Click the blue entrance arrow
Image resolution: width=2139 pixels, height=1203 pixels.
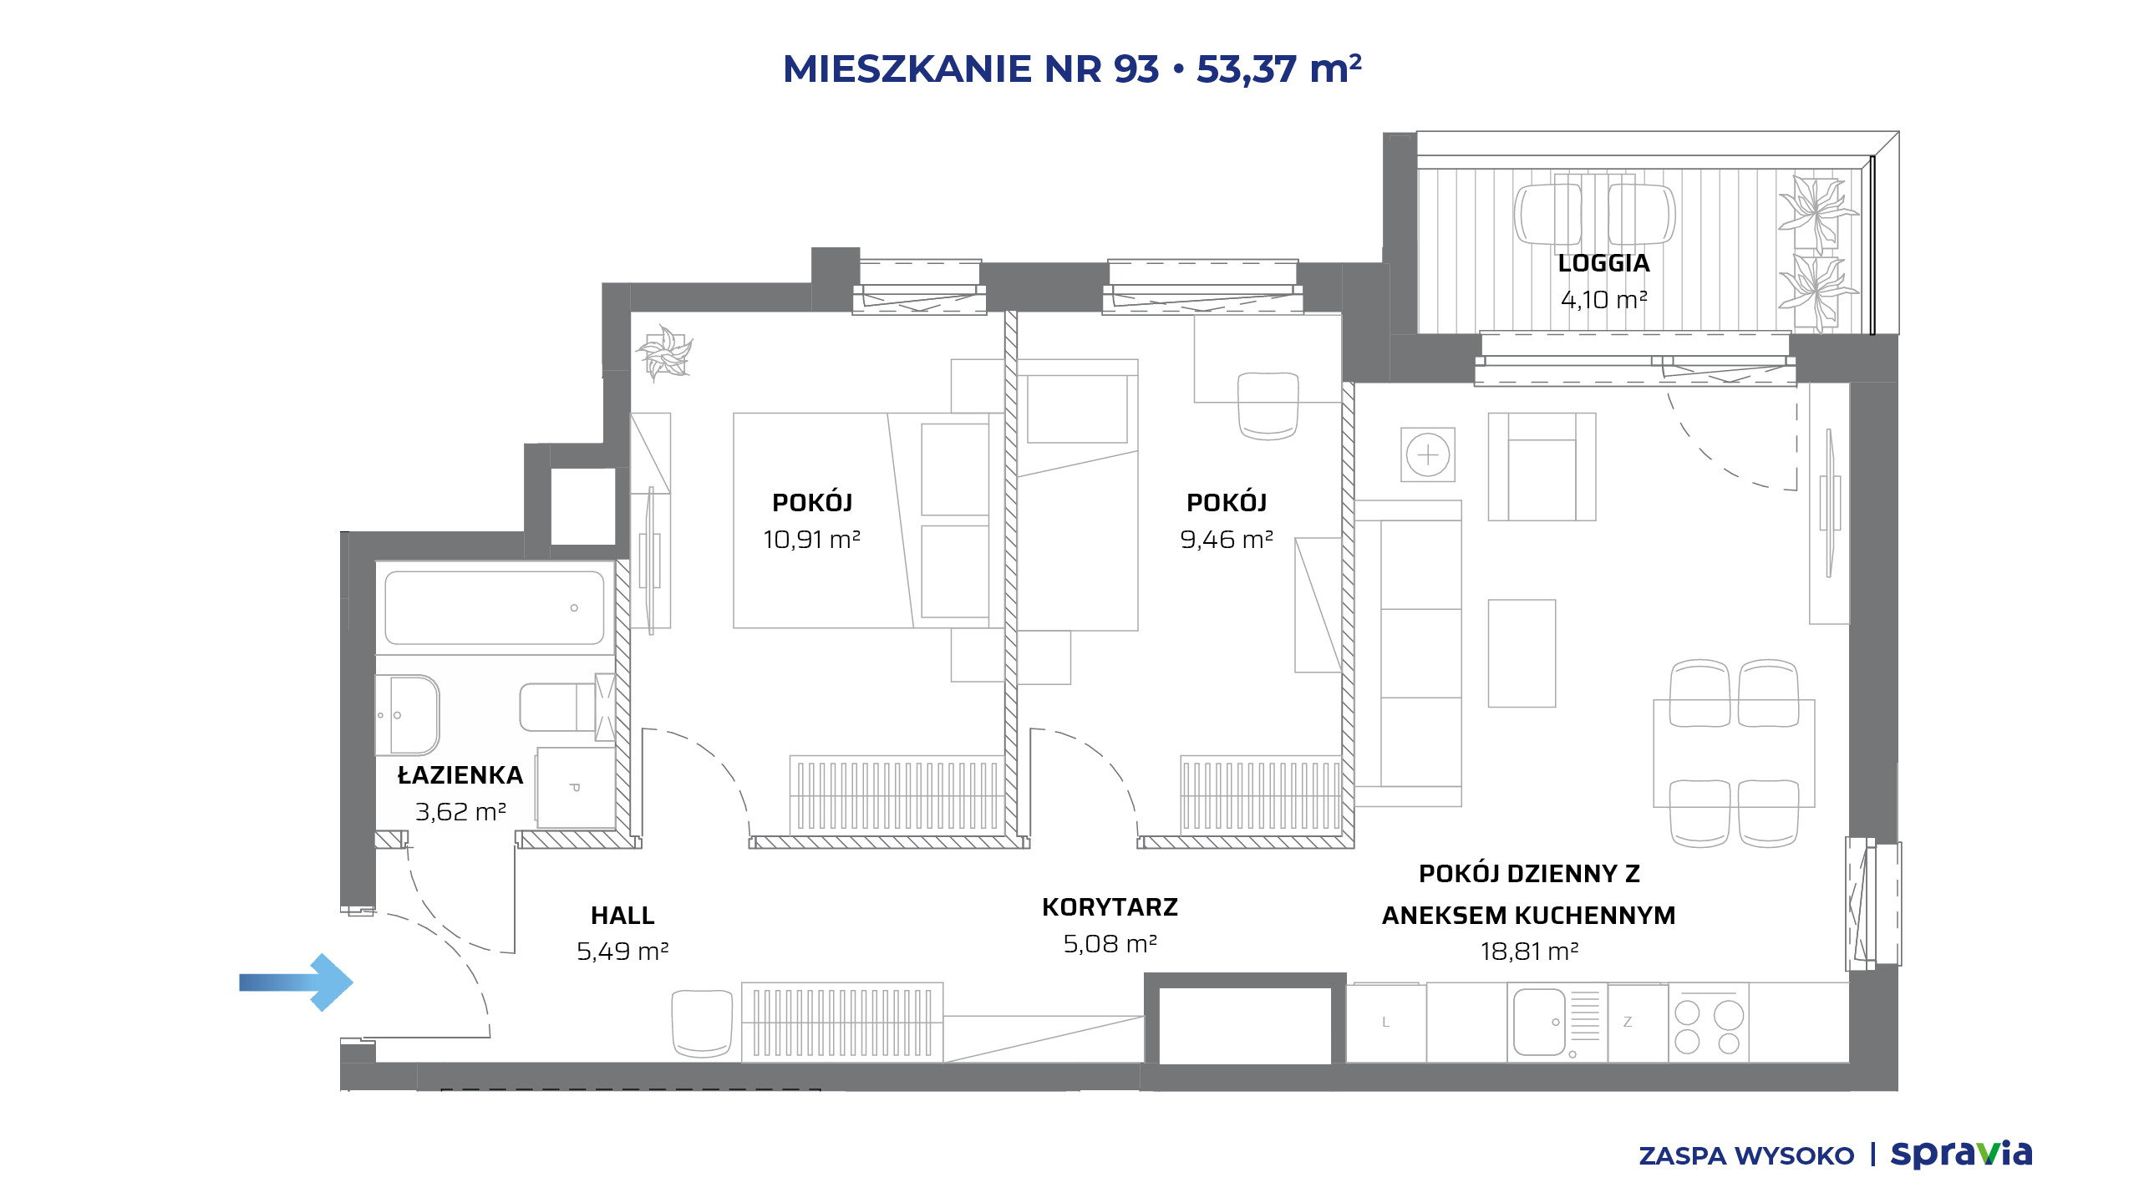coord(296,982)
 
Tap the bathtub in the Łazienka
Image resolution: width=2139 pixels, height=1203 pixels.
coord(495,607)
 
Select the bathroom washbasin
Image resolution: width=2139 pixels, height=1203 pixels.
coord(408,715)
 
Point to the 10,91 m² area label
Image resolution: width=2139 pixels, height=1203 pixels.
coord(811,540)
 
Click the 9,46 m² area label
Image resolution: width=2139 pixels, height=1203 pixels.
coord(1227,540)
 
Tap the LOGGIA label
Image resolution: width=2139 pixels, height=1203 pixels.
coord(1603,263)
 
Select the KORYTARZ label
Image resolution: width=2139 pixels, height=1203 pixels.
coord(1110,907)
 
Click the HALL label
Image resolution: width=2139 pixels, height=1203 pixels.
coord(622,916)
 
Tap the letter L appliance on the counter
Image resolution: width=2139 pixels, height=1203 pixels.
coord(1386,1023)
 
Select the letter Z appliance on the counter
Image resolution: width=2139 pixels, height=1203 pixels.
coord(1628,1023)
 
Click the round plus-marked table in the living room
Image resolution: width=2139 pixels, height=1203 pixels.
coord(1428,455)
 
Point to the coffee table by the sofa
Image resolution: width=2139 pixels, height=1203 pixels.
coord(1522,653)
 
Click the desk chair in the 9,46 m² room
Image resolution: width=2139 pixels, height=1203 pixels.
coord(1268,406)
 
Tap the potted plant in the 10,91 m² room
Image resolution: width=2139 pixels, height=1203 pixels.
coord(665,352)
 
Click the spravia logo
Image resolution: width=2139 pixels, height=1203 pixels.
coord(1961,1154)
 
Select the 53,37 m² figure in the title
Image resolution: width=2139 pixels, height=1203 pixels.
coord(1279,69)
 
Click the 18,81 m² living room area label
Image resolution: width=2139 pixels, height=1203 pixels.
coord(1529,952)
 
